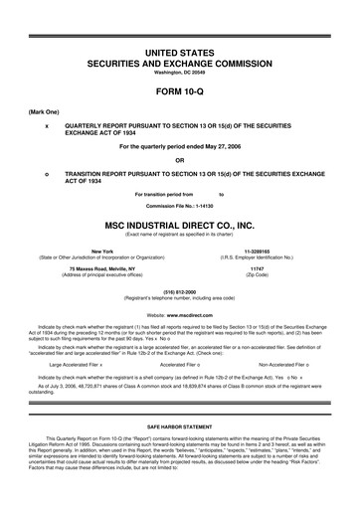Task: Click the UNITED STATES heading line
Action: [179, 37]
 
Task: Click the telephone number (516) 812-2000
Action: [179, 293]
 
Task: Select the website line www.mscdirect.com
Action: [179, 313]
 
